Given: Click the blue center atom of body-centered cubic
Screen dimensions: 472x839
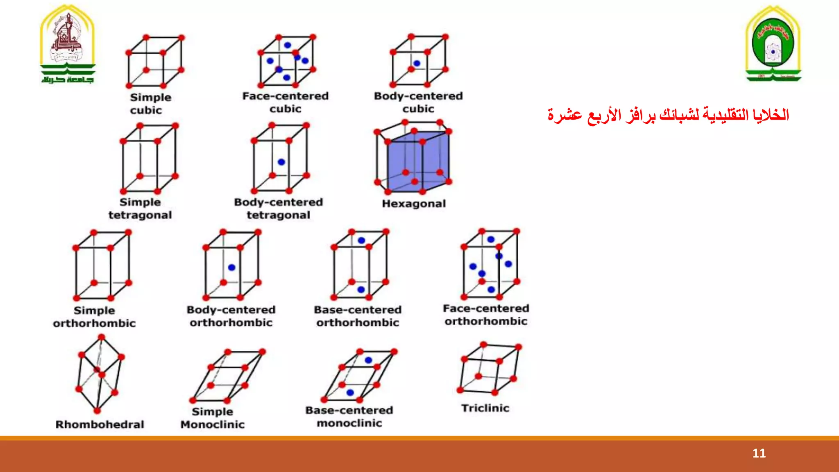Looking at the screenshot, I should pos(417,64).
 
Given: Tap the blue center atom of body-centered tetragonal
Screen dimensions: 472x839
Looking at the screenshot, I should pos(281,162).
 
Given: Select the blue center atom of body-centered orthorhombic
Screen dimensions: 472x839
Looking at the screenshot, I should pos(231,267).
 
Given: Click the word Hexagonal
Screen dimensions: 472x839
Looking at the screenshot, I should pos(414,204).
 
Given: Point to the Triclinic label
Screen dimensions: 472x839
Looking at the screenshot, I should pos(485,408).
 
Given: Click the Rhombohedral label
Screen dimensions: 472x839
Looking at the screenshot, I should pos(100,424).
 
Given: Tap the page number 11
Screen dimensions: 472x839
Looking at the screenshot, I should pos(759,453).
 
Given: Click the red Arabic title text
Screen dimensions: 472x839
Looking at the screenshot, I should pos(668,115).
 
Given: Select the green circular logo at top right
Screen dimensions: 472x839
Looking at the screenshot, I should pos(773,44).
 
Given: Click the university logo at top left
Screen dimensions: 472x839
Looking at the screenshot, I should pos(68,44).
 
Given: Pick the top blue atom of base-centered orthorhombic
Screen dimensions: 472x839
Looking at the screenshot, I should pos(361,241).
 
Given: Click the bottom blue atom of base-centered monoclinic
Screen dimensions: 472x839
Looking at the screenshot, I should pos(350,393).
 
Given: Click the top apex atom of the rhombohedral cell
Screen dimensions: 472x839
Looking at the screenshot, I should pos(102,337).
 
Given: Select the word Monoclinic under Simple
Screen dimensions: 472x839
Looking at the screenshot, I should pos(212,424).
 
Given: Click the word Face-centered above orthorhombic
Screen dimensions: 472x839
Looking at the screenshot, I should pos(486,308).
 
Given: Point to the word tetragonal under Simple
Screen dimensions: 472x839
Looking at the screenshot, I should pos(140,215).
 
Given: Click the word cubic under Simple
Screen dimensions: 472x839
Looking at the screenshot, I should pos(146,110).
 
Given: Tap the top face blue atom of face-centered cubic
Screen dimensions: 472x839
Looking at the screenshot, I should pos(288,45).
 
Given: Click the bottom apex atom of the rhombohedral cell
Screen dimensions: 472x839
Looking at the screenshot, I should pos(97,411).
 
